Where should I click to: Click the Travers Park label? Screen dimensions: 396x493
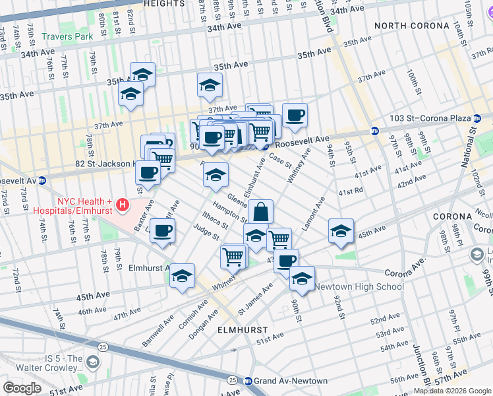[x=67, y=37]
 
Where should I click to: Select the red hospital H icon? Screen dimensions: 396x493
[x=122, y=206]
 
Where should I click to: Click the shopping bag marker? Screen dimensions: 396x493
[x=260, y=212]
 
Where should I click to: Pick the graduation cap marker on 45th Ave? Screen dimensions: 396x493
[x=341, y=231]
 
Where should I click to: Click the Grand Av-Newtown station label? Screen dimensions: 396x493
[x=291, y=381]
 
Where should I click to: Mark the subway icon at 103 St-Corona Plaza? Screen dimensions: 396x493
[x=374, y=131]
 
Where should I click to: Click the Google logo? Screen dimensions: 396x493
[x=22, y=387]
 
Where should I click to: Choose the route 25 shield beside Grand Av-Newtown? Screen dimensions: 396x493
[x=232, y=380]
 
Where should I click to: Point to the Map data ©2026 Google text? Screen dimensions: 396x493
[x=452, y=391]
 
